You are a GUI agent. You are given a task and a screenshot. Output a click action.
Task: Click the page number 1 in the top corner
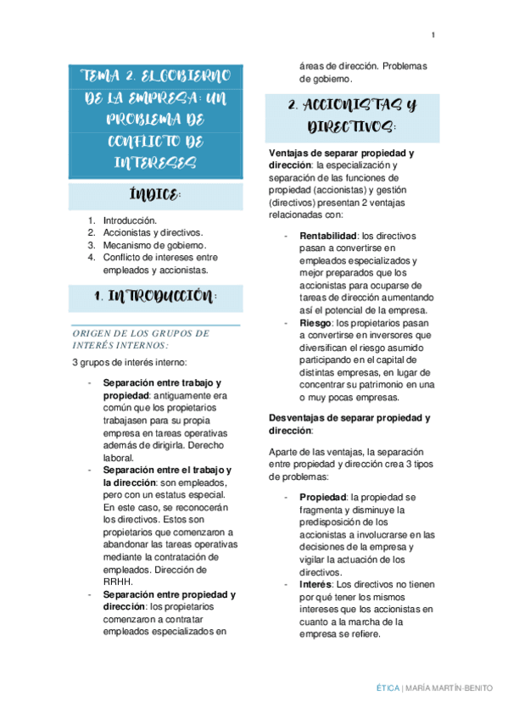click(433, 35)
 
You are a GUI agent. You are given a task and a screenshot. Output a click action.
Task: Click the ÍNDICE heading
click(155, 197)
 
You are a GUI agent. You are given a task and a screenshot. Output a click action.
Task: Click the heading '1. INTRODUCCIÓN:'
click(155, 298)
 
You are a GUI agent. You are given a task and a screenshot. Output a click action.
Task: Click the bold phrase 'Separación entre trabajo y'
click(162, 382)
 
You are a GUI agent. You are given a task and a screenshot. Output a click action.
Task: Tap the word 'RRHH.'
click(117, 581)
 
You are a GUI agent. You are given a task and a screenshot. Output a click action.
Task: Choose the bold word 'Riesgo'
click(315, 322)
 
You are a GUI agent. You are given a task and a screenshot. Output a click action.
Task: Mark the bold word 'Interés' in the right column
click(315, 584)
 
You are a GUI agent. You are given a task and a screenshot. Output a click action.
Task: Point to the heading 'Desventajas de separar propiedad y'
click(349, 417)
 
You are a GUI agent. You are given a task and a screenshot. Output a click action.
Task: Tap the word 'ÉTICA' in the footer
click(388, 687)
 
